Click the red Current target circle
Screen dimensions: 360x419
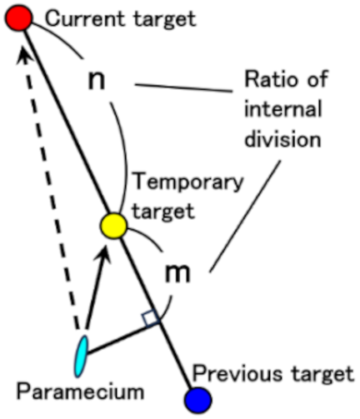point(18,18)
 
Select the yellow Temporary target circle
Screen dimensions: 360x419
point(113,226)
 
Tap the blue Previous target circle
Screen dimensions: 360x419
point(197,400)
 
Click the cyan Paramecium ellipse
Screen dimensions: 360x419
point(81,357)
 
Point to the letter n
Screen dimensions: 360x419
point(97,81)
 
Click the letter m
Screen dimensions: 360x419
point(177,273)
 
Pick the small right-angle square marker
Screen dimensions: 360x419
point(151,318)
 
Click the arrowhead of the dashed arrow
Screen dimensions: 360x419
point(22,56)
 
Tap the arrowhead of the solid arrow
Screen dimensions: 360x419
point(103,255)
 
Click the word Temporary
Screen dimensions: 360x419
point(188,182)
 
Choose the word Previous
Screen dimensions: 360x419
point(237,374)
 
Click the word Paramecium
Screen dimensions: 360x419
point(81,392)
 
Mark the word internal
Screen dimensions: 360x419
point(283,109)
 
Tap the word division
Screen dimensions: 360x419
point(282,138)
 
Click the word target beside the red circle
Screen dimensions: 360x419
point(165,20)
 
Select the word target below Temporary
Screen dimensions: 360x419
point(163,212)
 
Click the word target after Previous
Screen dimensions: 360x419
point(322,374)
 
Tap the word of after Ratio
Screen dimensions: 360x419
point(317,79)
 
